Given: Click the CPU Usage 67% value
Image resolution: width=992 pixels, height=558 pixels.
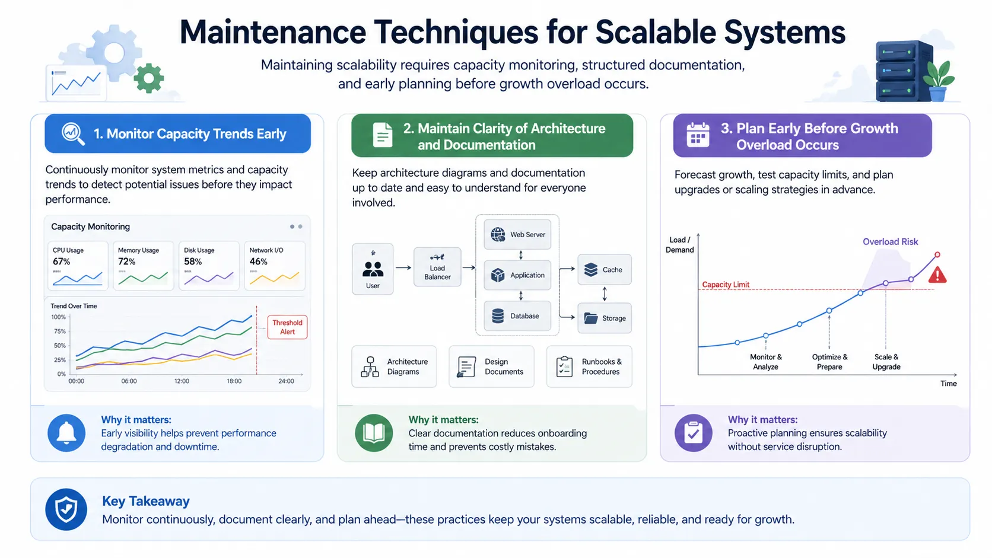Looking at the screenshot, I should pyautogui.click(x=62, y=262).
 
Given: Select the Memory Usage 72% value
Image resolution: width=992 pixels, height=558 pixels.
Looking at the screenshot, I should pyautogui.click(x=127, y=262).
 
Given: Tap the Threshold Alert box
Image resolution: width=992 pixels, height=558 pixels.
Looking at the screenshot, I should pyautogui.click(x=287, y=327).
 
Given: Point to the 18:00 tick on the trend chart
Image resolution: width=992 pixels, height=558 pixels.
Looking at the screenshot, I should pyautogui.click(x=234, y=381).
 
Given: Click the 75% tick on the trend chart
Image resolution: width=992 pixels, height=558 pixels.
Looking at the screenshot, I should pyautogui.click(x=59, y=331).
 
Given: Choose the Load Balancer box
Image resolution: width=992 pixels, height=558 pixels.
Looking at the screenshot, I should pyautogui.click(x=437, y=267).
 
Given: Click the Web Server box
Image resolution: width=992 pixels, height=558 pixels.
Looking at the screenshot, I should pyautogui.click(x=517, y=234).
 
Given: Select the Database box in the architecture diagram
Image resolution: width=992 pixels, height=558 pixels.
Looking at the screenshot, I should pyautogui.click(x=517, y=316).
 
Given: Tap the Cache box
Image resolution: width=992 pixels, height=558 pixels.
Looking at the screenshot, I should pyautogui.click(x=605, y=270).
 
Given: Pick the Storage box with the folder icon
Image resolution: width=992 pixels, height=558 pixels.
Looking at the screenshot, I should pyautogui.click(x=605, y=318).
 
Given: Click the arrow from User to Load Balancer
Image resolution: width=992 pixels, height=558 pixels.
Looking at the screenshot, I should pyautogui.click(x=403, y=267).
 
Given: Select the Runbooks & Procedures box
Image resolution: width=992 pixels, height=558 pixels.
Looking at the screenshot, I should pyautogui.click(x=589, y=366).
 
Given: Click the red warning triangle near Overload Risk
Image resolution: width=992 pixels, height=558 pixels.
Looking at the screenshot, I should pyautogui.click(x=937, y=275).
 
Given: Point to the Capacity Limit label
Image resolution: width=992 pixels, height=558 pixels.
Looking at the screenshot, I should pyautogui.click(x=726, y=285).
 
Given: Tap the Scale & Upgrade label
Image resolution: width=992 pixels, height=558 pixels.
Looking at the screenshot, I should pyautogui.click(x=886, y=362).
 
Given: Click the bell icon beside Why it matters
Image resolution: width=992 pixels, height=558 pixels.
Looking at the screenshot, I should pyautogui.click(x=66, y=433).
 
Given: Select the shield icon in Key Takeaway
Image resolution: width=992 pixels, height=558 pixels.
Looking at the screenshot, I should pyautogui.click(x=66, y=509).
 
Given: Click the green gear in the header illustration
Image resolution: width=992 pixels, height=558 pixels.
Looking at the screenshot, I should pyautogui.click(x=148, y=78).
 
